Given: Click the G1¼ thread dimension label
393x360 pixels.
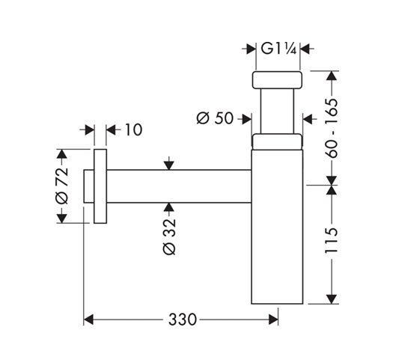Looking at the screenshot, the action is [x=278, y=49].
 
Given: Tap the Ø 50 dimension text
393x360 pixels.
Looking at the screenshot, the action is [x=215, y=118].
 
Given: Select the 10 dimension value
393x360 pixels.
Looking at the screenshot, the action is [x=133, y=129].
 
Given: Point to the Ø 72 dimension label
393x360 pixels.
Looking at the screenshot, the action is [x=61, y=186].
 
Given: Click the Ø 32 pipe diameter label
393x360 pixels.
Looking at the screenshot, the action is [x=169, y=237].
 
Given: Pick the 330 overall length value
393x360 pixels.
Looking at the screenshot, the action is [x=183, y=320].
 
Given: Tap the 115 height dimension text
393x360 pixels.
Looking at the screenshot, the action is [x=332, y=240].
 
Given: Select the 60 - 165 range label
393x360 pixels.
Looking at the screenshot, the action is [x=332, y=128].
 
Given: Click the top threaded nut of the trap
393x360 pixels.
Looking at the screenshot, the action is [x=277, y=80].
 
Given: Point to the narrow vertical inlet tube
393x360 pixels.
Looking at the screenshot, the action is [x=277, y=112].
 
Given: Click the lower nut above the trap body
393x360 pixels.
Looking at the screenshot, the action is [x=277, y=141].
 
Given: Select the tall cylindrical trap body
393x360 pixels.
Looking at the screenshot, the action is [x=277, y=227].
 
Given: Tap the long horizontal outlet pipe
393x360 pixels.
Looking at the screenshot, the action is [x=179, y=186].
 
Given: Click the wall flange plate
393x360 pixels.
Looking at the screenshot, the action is [x=100, y=186].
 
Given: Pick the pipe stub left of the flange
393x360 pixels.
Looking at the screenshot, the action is [x=89, y=186].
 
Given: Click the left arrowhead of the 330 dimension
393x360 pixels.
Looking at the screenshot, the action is [x=88, y=320].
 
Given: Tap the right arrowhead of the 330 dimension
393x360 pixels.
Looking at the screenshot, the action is [x=273, y=320].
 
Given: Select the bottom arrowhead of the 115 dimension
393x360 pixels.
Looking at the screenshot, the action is [x=332, y=299].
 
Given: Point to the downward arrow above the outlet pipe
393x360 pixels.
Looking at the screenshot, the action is [x=169, y=163].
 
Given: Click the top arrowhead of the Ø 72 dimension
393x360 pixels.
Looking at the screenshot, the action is [x=61, y=154].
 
